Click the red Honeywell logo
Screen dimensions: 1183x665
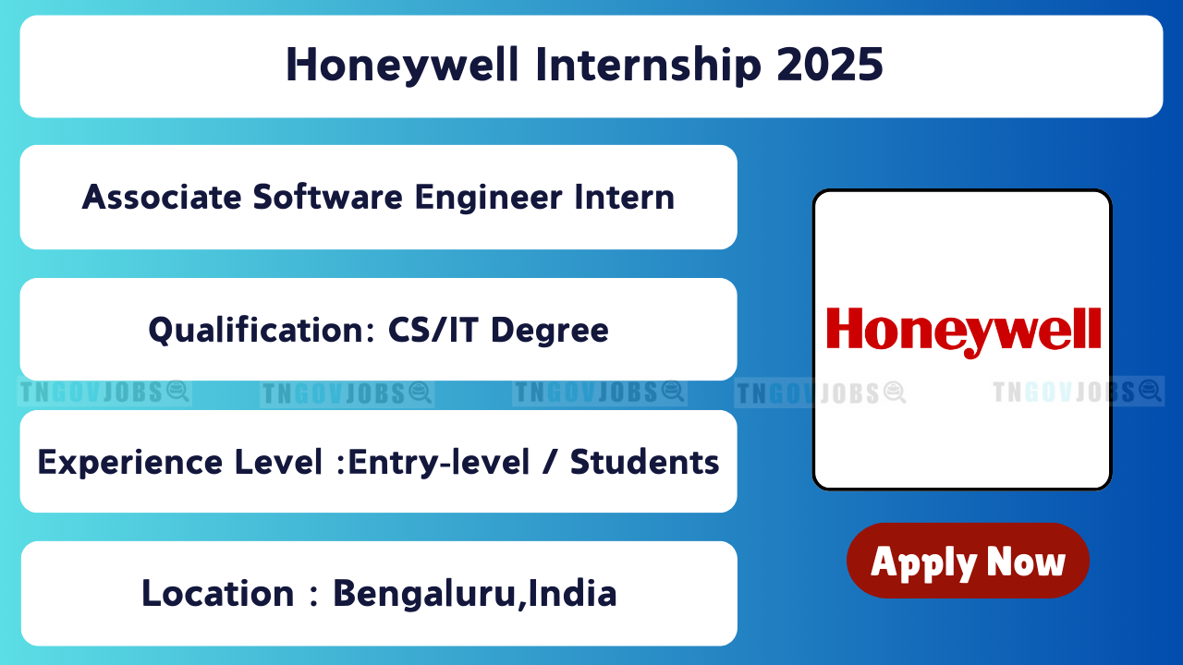964,332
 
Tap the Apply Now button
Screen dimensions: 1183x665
968,561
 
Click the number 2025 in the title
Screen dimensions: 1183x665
830,65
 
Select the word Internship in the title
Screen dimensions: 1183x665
649,66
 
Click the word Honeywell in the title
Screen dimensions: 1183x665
402,66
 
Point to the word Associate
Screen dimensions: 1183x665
162,198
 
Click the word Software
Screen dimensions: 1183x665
327,198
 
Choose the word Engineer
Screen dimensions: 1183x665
489,199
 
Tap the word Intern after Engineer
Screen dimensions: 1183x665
625,198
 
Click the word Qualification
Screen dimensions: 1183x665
262,331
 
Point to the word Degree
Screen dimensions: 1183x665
550,332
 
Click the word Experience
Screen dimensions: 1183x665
130,463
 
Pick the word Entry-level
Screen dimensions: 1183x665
438,463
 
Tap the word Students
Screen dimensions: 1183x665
645,463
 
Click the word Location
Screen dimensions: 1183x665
217,594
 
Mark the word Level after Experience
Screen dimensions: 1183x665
278,463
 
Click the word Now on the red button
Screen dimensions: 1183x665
1026,562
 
